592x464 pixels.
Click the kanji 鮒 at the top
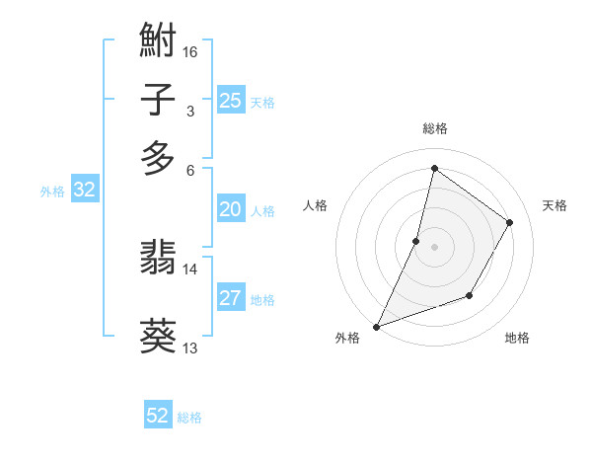coord(158,40)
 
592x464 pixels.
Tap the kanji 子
coord(158,101)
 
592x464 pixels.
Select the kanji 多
coord(158,158)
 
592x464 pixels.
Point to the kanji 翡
coord(158,259)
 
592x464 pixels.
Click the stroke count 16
coord(190,51)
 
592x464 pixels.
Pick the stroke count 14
coord(190,269)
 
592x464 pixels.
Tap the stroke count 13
coord(190,348)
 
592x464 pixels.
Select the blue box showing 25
coord(231,101)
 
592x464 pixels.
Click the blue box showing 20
coord(231,209)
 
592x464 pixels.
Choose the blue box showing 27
coord(231,298)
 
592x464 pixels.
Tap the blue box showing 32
coord(84,191)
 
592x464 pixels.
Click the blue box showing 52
coord(158,416)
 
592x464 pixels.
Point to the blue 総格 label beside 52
coord(189,418)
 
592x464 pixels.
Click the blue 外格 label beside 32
coord(52,192)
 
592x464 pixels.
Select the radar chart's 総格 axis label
coord(434,128)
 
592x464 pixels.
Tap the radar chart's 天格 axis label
coord(555,205)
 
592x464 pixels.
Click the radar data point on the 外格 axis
coord(376,326)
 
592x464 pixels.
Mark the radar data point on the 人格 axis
coord(416,241)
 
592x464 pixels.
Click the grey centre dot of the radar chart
coord(434,247)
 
